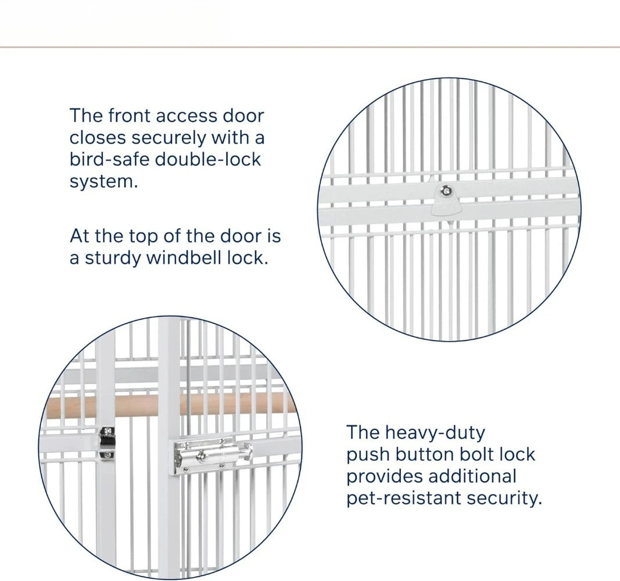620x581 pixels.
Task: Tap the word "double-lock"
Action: pos(208,160)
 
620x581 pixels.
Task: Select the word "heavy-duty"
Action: pos(435,433)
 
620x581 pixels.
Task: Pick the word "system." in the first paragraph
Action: pos(103,182)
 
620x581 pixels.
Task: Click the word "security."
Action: pos(504,499)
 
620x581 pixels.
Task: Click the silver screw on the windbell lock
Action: pos(446,191)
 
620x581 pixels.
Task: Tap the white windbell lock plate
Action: pos(446,200)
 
